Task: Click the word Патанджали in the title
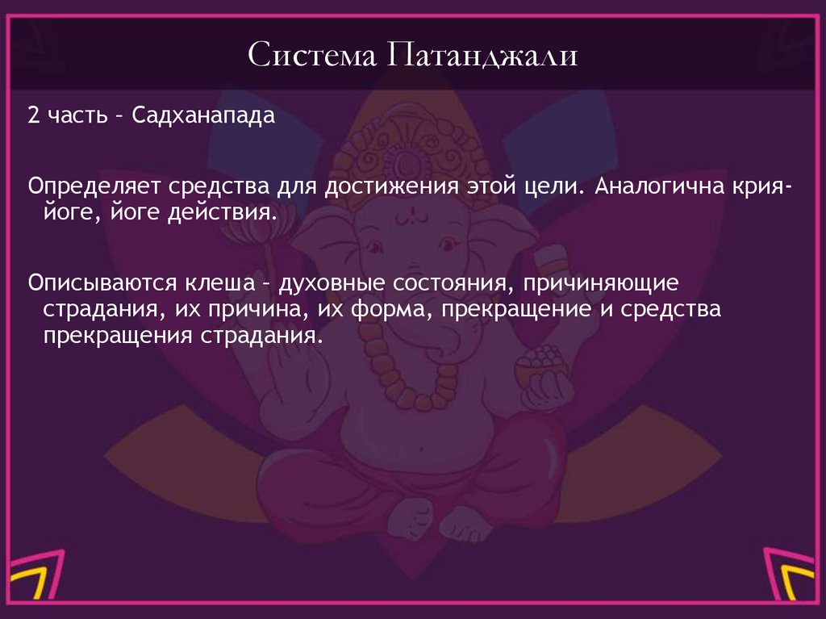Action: click(482, 56)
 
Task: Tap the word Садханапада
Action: click(204, 116)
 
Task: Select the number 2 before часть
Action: click(32, 116)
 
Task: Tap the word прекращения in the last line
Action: click(113, 336)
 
